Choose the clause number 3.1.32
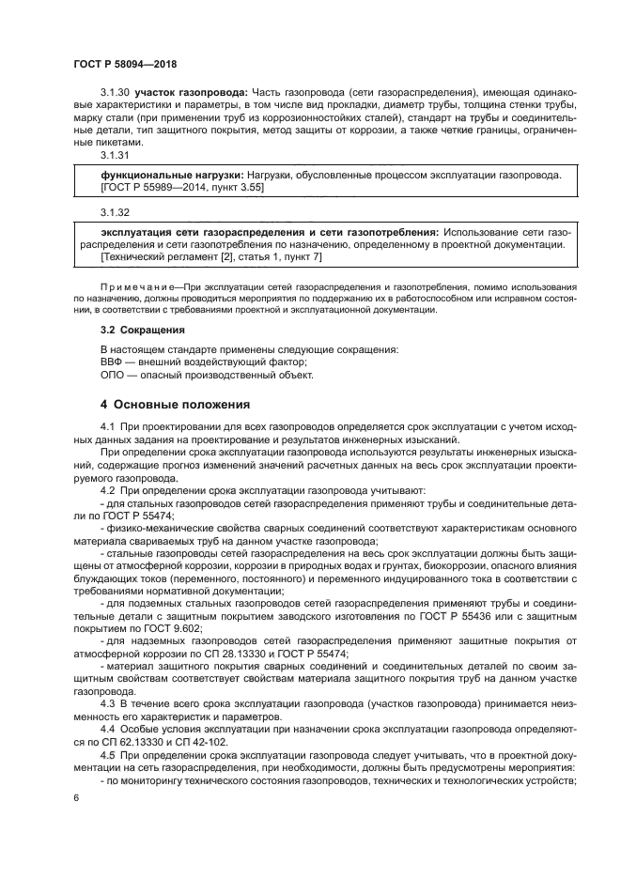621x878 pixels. click(115, 213)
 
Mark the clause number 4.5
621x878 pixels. click(107, 753)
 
